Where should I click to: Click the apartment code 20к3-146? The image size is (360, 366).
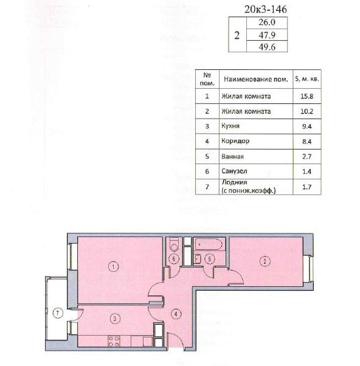pyautogui.click(x=266, y=9)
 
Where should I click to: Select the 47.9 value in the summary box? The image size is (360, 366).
pyautogui.click(x=267, y=35)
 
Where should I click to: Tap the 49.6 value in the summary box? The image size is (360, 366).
pyautogui.click(x=267, y=47)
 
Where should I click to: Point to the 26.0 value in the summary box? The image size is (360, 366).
pyautogui.click(x=267, y=22)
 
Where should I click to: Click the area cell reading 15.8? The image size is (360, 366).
pyautogui.click(x=306, y=96)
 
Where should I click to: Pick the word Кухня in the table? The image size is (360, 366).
pyautogui.click(x=230, y=126)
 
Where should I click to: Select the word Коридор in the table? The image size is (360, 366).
pyautogui.click(x=235, y=141)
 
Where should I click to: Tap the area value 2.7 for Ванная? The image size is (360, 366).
pyautogui.click(x=306, y=156)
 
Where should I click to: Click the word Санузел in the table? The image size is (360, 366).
pyautogui.click(x=234, y=171)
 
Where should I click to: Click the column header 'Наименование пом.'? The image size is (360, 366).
pyautogui.click(x=256, y=79)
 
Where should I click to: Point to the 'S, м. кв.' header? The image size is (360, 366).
pyautogui.click(x=306, y=79)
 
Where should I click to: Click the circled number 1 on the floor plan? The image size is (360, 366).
pyautogui.click(x=114, y=266)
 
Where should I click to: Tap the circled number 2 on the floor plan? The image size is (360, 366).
pyautogui.click(x=265, y=261)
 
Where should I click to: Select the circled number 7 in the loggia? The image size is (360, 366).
pyautogui.click(x=58, y=313)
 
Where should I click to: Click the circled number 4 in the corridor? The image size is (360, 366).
pyautogui.click(x=176, y=314)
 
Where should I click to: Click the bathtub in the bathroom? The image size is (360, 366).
pyautogui.click(x=209, y=244)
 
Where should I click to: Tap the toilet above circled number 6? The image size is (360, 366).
pyautogui.click(x=174, y=244)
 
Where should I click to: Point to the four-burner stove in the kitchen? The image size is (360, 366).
pyautogui.click(x=114, y=341)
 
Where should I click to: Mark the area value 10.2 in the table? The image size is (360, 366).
pyautogui.click(x=306, y=111)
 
